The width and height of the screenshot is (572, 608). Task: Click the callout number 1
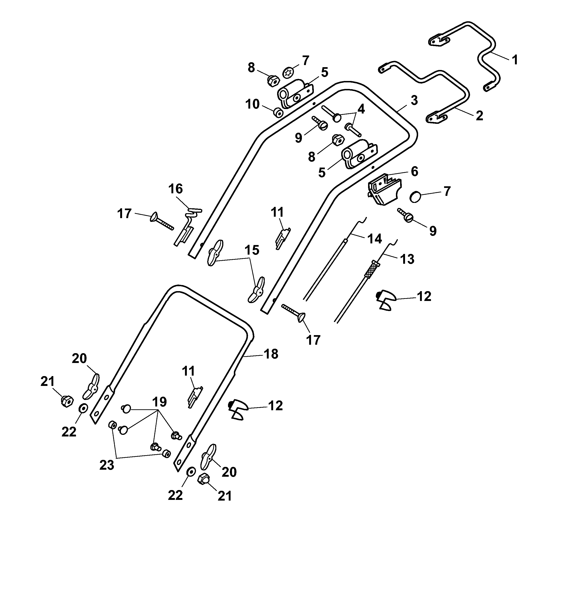(x=515, y=60)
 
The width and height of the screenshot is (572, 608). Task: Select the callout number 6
(x=414, y=172)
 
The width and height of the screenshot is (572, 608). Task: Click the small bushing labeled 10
(x=278, y=113)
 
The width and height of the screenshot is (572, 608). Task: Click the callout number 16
(x=176, y=189)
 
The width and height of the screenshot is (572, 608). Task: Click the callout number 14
(x=375, y=238)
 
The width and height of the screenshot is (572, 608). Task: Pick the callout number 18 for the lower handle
(x=271, y=354)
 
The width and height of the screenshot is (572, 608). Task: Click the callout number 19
(x=159, y=402)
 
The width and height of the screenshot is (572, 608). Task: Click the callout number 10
(x=252, y=104)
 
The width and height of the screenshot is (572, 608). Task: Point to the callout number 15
(x=252, y=250)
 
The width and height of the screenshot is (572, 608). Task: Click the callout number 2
(x=479, y=116)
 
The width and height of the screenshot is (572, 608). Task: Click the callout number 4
(x=361, y=109)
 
